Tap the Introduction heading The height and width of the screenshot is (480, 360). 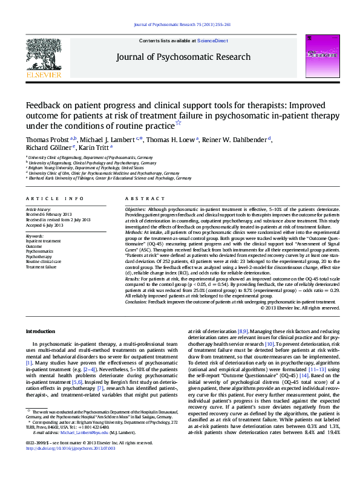coord(41,332)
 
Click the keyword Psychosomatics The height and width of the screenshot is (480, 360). coord(40,250)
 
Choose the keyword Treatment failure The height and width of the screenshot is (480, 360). coord(42,266)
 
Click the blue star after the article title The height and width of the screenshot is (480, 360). coord(178,123)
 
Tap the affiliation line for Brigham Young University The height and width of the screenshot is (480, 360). coord(80,166)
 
